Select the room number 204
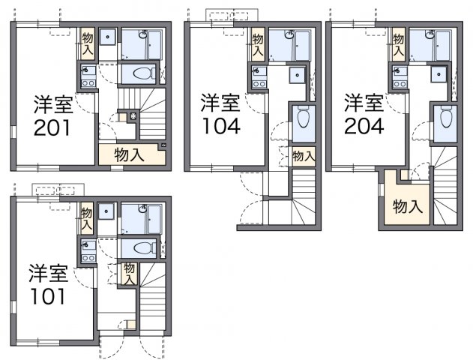tap(364, 125)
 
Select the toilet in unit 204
tap(446, 118)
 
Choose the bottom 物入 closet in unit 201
tap(130, 155)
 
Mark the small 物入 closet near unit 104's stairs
tap(302, 156)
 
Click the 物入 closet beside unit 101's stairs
tap(129, 273)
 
